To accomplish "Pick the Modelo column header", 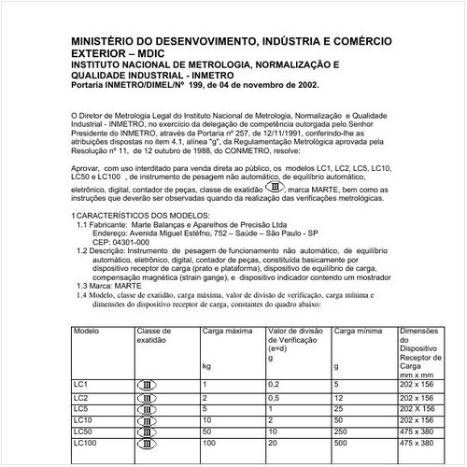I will (87, 332).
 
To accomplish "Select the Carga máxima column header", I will (227, 332).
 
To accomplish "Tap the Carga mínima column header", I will (359, 332).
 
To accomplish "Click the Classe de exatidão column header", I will (156, 336).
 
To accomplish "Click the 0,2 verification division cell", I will (274, 384).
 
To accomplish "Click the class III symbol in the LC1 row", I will (149, 384).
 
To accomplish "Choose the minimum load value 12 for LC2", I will (338, 397).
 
